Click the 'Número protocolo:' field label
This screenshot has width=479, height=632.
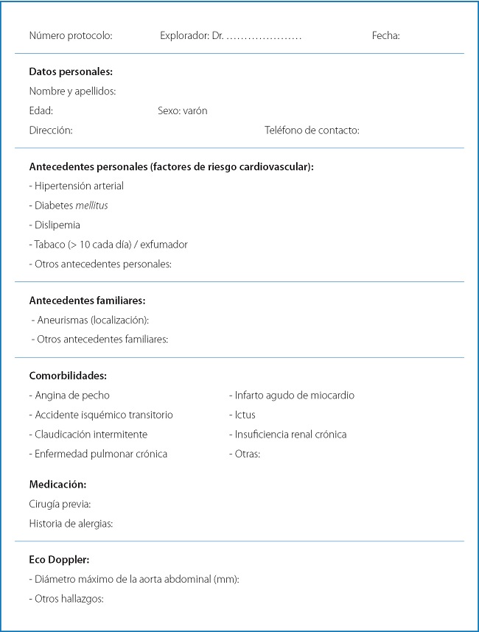tap(71, 35)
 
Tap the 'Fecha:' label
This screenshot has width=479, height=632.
tap(385, 35)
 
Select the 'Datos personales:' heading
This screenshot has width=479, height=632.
tap(71, 72)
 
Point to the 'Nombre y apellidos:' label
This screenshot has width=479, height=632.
tap(72, 91)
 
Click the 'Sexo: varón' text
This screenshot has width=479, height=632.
tap(182, 111)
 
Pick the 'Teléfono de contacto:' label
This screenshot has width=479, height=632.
tap(312, 130)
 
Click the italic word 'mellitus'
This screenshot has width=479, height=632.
tap(91, 206)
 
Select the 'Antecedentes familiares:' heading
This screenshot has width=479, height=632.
tap(87, 301)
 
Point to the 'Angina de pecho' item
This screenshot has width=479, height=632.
tap(71, 396)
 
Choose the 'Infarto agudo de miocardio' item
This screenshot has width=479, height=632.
tap(293, 396)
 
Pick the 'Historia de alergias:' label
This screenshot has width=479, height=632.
tap(71, 523)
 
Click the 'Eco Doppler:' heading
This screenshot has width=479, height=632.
tap(59, 560)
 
